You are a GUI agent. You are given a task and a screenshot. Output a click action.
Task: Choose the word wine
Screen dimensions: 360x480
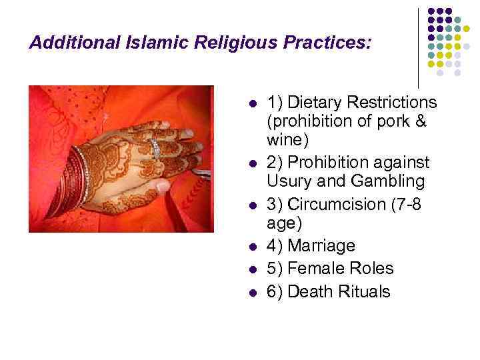point(284,141)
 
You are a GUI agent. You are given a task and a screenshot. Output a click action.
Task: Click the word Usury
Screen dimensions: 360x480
point(287,181)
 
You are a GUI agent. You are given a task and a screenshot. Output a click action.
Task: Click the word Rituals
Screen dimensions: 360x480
point(361,291)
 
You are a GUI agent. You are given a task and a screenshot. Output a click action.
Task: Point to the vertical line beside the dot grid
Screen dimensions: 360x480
point(419,47)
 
